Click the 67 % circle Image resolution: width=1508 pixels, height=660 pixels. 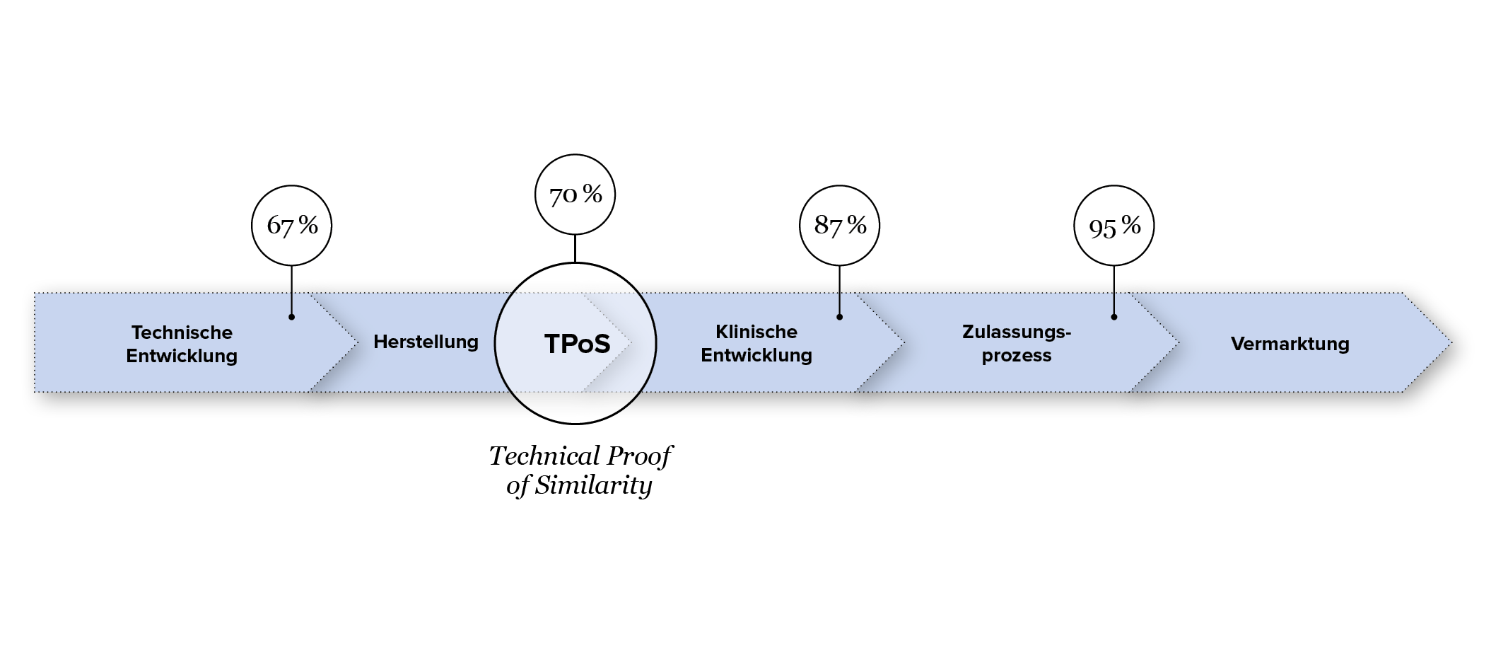291,226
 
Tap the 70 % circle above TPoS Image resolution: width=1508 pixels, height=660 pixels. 575,194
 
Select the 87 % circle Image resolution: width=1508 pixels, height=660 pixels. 839,226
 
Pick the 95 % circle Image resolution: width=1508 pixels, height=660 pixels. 1114,226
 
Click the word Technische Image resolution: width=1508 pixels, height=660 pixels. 182,332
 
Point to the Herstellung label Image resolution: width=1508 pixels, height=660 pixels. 426,342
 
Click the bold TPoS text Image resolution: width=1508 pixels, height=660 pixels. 577,344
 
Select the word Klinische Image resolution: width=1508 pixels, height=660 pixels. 756,332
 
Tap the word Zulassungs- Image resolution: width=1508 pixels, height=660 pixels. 1017,332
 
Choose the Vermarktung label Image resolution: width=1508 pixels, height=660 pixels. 1290,344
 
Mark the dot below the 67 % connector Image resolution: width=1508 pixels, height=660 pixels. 291,317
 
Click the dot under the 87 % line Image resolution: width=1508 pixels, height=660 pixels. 839,317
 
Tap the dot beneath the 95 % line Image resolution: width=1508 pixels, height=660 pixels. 1114,317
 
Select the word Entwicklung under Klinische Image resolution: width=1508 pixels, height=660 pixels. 756,355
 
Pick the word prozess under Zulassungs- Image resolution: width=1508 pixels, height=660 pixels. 1017,355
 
